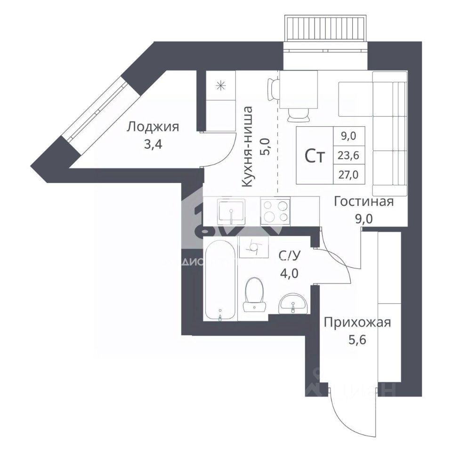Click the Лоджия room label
153,127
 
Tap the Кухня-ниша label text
248,147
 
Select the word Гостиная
363,202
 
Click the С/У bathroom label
289,256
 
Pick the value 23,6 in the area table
348,155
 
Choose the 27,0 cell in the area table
348,175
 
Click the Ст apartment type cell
315,156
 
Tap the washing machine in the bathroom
253,247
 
